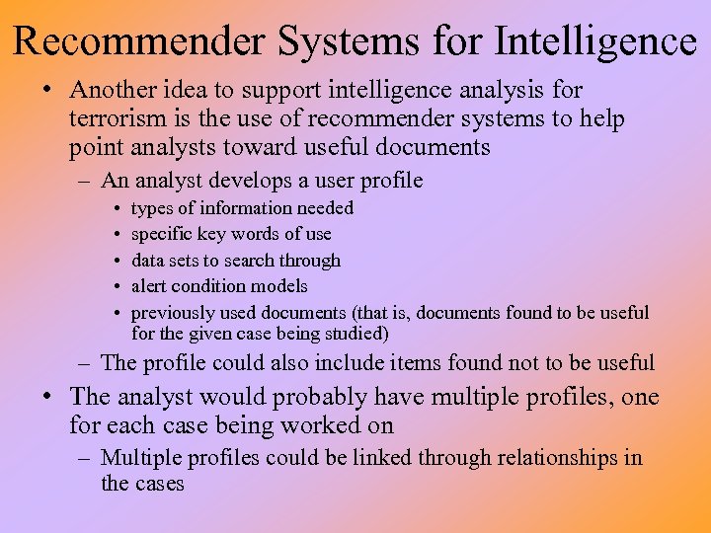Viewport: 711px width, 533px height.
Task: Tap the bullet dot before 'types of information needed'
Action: (x=117, y=209)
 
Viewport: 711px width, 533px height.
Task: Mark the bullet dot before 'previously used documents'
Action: (x=117, y=313)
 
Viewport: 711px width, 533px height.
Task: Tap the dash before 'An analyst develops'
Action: (x=88, y=181)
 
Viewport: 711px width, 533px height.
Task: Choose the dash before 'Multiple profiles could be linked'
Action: (x=88, y=458)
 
